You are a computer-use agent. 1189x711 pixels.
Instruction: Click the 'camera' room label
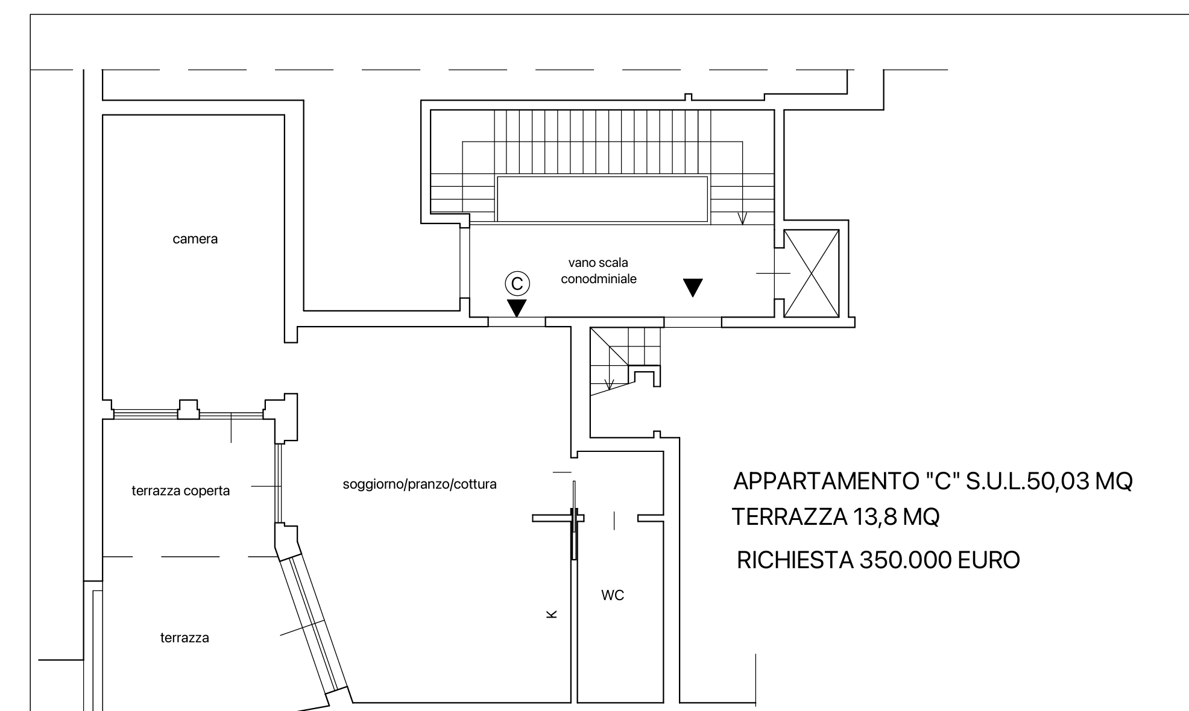click(195, 239)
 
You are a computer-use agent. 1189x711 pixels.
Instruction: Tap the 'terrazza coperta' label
click(181, 490)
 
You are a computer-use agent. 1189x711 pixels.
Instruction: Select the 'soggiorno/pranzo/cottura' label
click(420, 484)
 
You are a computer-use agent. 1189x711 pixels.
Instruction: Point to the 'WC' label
click(613, 595)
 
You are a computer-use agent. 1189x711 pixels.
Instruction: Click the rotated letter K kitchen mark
click(551, 614)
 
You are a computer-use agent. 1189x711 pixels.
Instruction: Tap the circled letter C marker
click(517, 283)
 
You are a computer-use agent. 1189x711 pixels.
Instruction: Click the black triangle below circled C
click(517, 308)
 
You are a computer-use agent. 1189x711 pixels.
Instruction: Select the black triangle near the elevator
click(693, 287)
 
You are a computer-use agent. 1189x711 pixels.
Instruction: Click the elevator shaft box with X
click(812, 274)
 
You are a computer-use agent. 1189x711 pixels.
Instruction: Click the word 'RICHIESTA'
click(795, 560)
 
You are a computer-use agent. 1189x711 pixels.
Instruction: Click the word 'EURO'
click(989, 560)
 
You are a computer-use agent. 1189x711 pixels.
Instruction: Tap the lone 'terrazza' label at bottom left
click(184, 637)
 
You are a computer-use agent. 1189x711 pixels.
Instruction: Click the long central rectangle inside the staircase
click(602, 199)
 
